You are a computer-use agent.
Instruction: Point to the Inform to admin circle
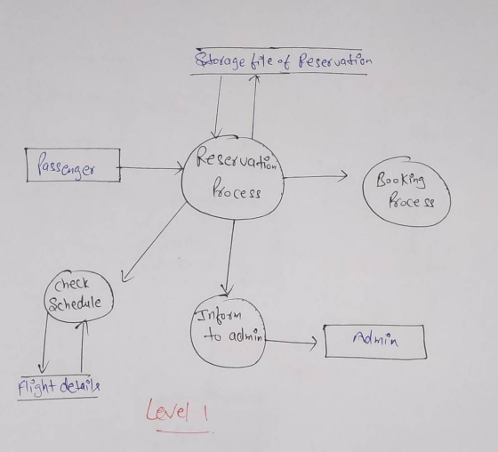pos(191,331)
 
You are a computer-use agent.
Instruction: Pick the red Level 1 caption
pos(177,411)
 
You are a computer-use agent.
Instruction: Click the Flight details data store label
pos(59,386)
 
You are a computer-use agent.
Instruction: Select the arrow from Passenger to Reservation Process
pos(151,167)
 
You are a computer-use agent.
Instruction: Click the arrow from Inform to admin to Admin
pos(291,342)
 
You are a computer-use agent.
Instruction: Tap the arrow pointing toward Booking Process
pos(315,176)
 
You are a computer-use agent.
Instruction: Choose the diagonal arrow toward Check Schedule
pos(154,242)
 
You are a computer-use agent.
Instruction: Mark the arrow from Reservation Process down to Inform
pos(230,257)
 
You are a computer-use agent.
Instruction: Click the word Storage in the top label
pos(219,61)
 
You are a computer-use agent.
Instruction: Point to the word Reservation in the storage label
pos(335,61)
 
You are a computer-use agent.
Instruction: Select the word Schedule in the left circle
pos(75,304)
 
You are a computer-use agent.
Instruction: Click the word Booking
pos(400,181)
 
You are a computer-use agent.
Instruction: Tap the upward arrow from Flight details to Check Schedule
pos(83,346)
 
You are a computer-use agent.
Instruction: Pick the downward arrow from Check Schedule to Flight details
pos(44,343)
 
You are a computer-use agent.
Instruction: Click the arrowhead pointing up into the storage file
pos(256,79)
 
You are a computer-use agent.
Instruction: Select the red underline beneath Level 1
pos(183,432)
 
